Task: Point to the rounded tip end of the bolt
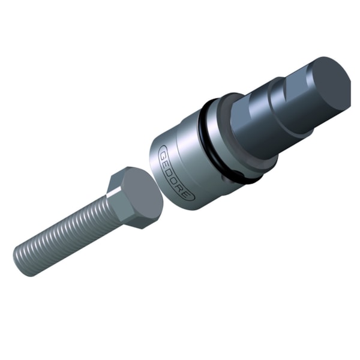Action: coord(23,262)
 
